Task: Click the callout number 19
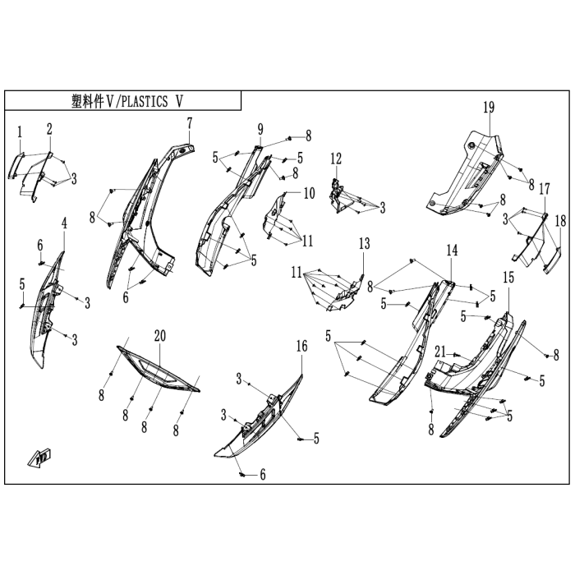(489, 108)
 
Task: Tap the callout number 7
(189, 123)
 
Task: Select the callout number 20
(160, 335)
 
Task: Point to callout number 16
(301, 346)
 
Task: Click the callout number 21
(440, 352)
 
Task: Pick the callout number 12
(336, 159)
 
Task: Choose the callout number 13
(364, 244)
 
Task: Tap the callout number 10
(310, 193)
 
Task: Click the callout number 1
(20, 132)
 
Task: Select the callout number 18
(560, 221)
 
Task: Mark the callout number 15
(508, 278)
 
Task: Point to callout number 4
(64, 223)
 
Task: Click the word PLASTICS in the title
(144, 101)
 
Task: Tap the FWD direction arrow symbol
(39, 458)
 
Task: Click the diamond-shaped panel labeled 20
(159, 368)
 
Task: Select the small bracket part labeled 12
(338, 195)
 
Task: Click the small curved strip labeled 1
(16, 166)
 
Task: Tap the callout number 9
(260, 129)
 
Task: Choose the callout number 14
(452, 251)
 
